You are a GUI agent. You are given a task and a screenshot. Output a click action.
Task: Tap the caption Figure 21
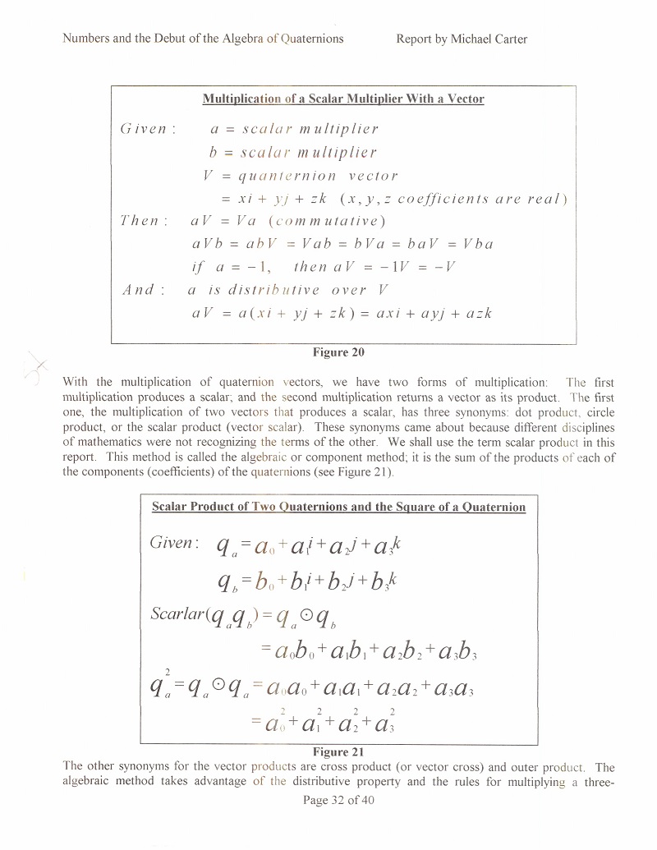click(338, 751)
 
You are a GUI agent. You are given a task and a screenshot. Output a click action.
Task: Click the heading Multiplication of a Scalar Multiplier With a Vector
click(343, 99)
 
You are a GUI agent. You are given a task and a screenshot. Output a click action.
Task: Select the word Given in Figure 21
click(174, 544)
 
